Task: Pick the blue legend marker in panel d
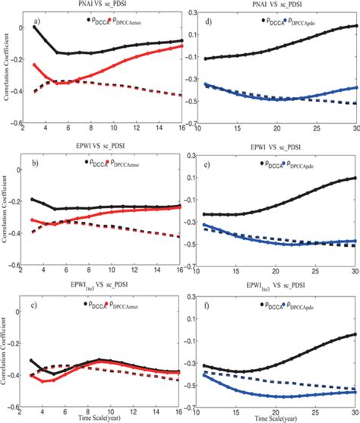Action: [x=285, y=14]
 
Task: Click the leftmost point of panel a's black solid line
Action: [x=33, y=27]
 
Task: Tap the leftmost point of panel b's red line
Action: [x=33, y=219]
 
